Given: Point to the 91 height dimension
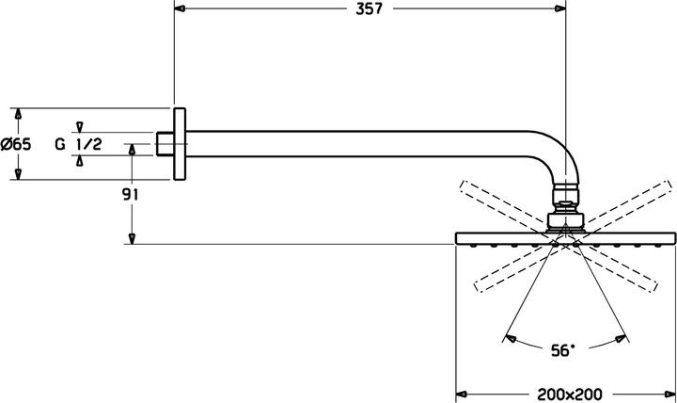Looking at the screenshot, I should coord(131,195).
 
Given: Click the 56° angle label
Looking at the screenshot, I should coord(561,350).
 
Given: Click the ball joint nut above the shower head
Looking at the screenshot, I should coord(565,201).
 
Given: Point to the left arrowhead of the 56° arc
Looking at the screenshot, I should coord(509,334).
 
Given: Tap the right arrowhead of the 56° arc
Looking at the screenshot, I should coord(622,334).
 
